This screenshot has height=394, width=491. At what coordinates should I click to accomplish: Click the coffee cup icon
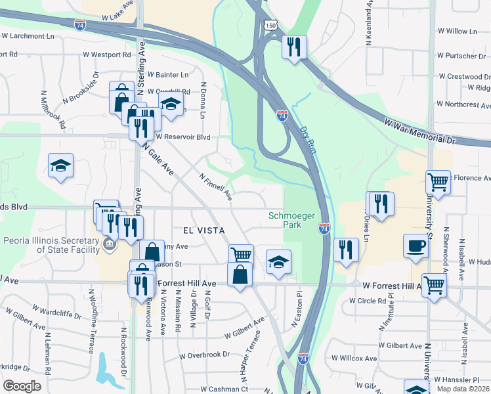(x=416, y=246)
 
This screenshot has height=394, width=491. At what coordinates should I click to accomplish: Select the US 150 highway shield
(x=271, y=25)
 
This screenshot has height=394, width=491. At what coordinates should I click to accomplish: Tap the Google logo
(x=22, y=385)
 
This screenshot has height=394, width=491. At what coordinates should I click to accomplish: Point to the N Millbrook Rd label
(x=53, y=109)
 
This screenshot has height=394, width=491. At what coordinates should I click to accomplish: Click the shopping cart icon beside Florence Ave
(x=437, y=181)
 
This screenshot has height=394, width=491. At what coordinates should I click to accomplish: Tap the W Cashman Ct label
(x=224, y=389)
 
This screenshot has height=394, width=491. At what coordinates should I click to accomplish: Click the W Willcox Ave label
(x=354, y=359)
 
